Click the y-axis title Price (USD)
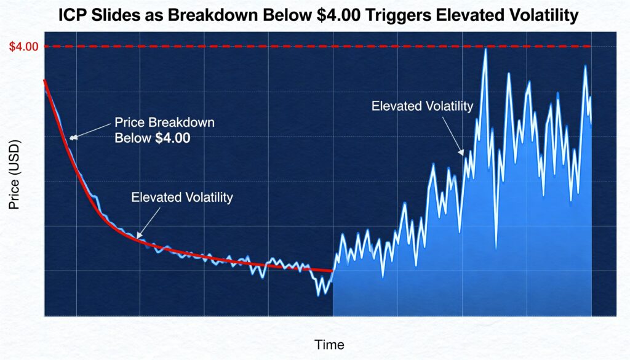click(x=15, y=175)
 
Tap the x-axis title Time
click(x=329, y=344)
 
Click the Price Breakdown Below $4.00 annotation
click(x=164, y=130)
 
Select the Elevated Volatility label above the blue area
click(x=422, y=106)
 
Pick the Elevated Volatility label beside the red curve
click(x=182, y=198)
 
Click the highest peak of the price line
click(x=485, y=49)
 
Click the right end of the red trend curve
click(x=332, y=270)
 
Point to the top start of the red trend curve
click(x=44, y=81)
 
